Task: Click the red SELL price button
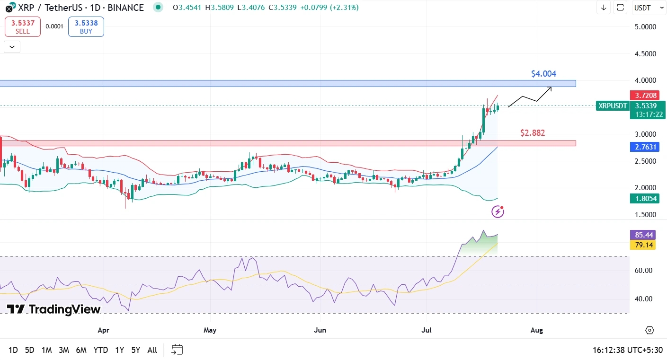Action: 23,27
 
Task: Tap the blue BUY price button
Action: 86,27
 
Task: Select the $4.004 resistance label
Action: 543,74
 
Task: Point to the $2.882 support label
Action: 533,133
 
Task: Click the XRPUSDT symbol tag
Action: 613,106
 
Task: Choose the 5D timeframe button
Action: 29,350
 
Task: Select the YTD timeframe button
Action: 100,350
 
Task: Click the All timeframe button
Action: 152,350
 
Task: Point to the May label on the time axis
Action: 210,330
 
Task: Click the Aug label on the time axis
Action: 537,330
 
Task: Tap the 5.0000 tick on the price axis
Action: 646,27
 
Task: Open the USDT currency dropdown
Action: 646,8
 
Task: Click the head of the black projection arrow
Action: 551,88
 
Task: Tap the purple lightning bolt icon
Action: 498,211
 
